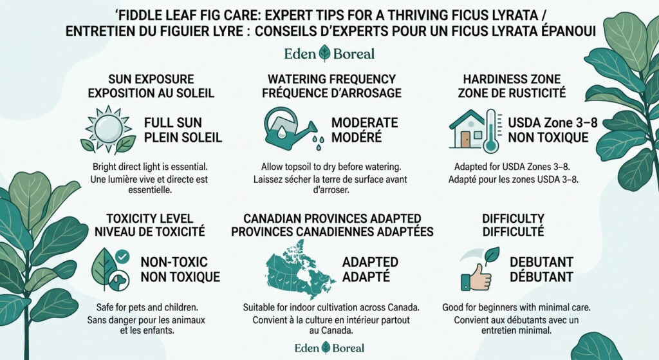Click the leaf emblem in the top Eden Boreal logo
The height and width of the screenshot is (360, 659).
[324, 53]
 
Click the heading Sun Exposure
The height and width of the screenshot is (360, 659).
[153, 79]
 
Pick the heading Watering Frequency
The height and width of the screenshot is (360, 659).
[331, 79]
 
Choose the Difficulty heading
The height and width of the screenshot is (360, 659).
[513, 218]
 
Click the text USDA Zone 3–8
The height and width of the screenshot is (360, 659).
[548, 122]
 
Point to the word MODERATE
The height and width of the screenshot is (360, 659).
[364, 122]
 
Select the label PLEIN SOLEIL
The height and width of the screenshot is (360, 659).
[183, 137]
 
